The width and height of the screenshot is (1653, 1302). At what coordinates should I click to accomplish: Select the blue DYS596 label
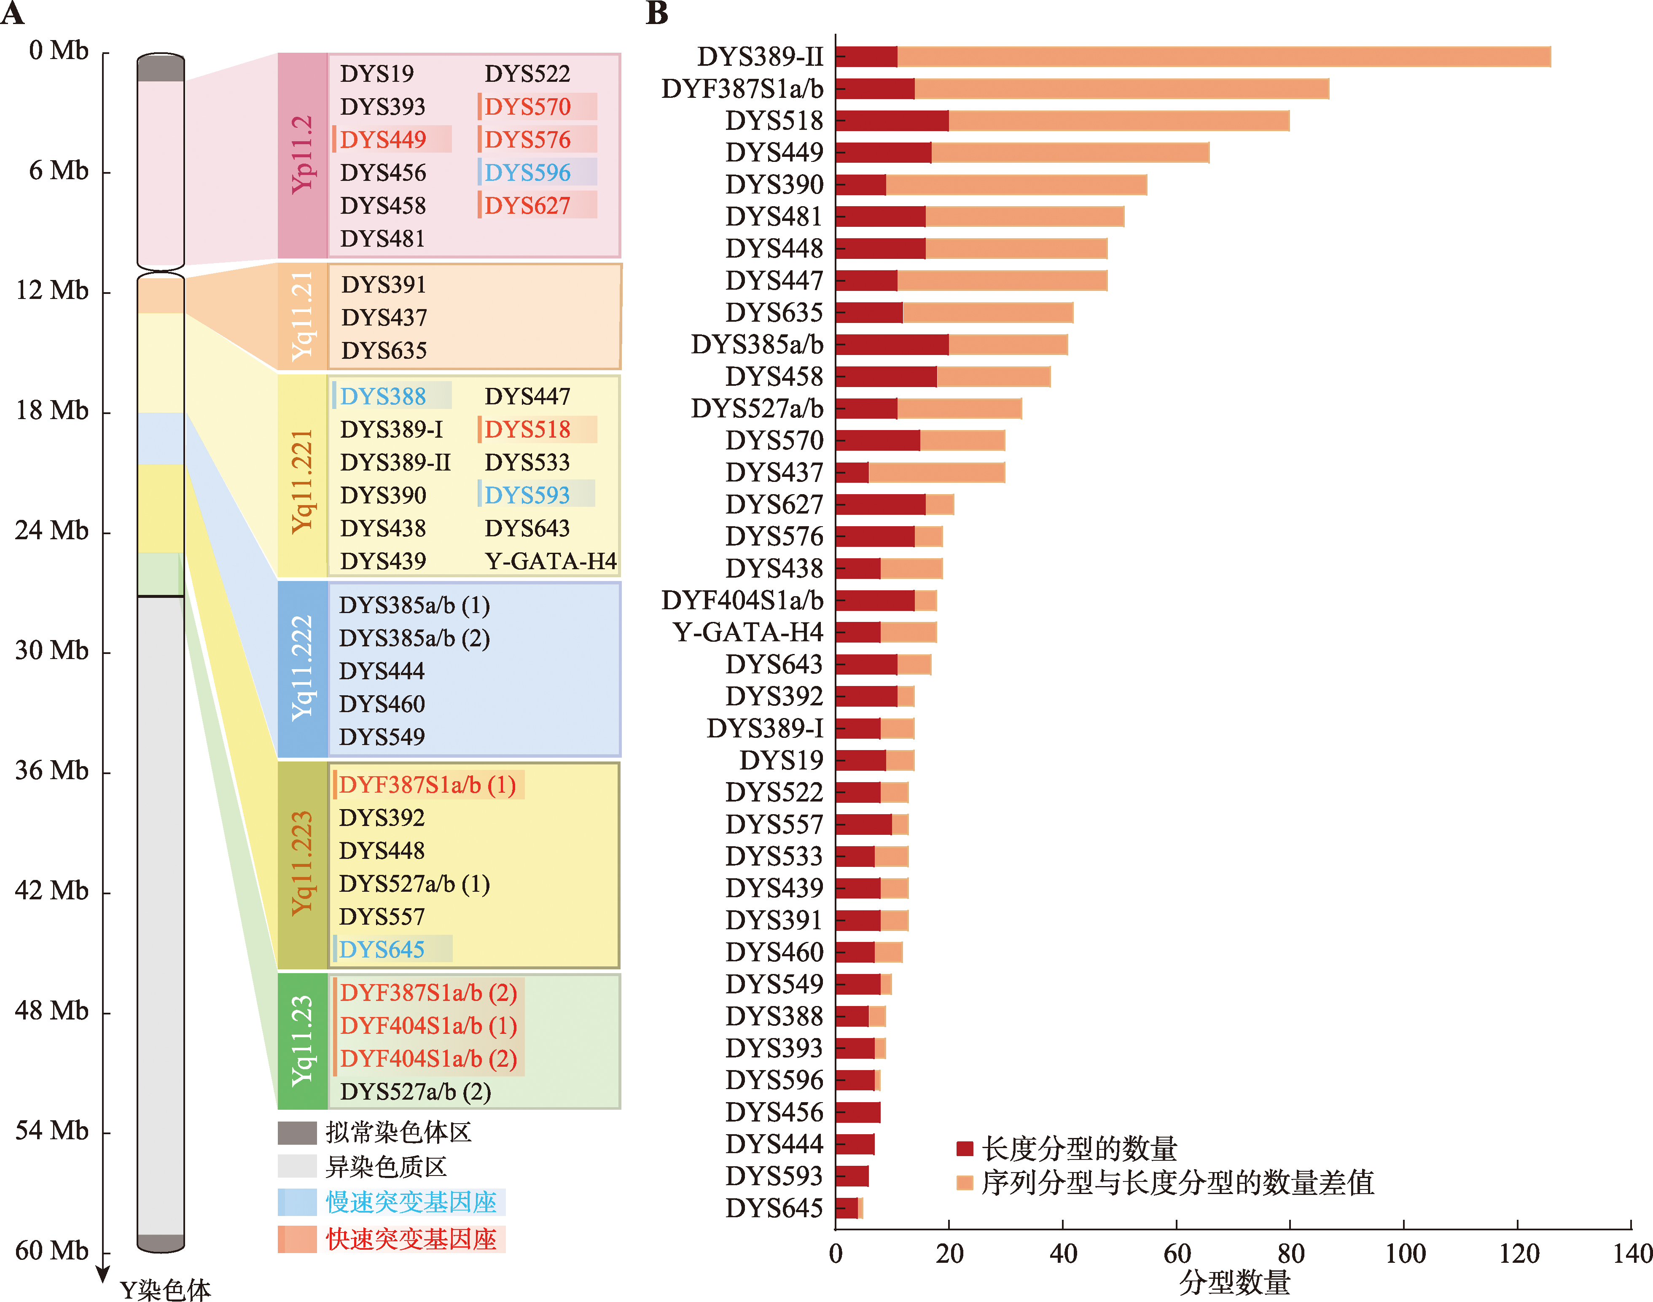pyautogui.click(x=527, y=173)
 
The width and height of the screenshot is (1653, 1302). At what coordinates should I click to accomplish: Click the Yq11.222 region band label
pyautogui.click(x=303, y=669)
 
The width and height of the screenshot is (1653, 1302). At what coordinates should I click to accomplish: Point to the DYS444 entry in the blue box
pyautogui.click(x=382, y=671)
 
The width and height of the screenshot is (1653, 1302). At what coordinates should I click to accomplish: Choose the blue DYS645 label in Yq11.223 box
pyautogui.click(x=382, y=950)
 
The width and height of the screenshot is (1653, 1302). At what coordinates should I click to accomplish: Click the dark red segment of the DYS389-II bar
pyautogui.click(x=866, y=56)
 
